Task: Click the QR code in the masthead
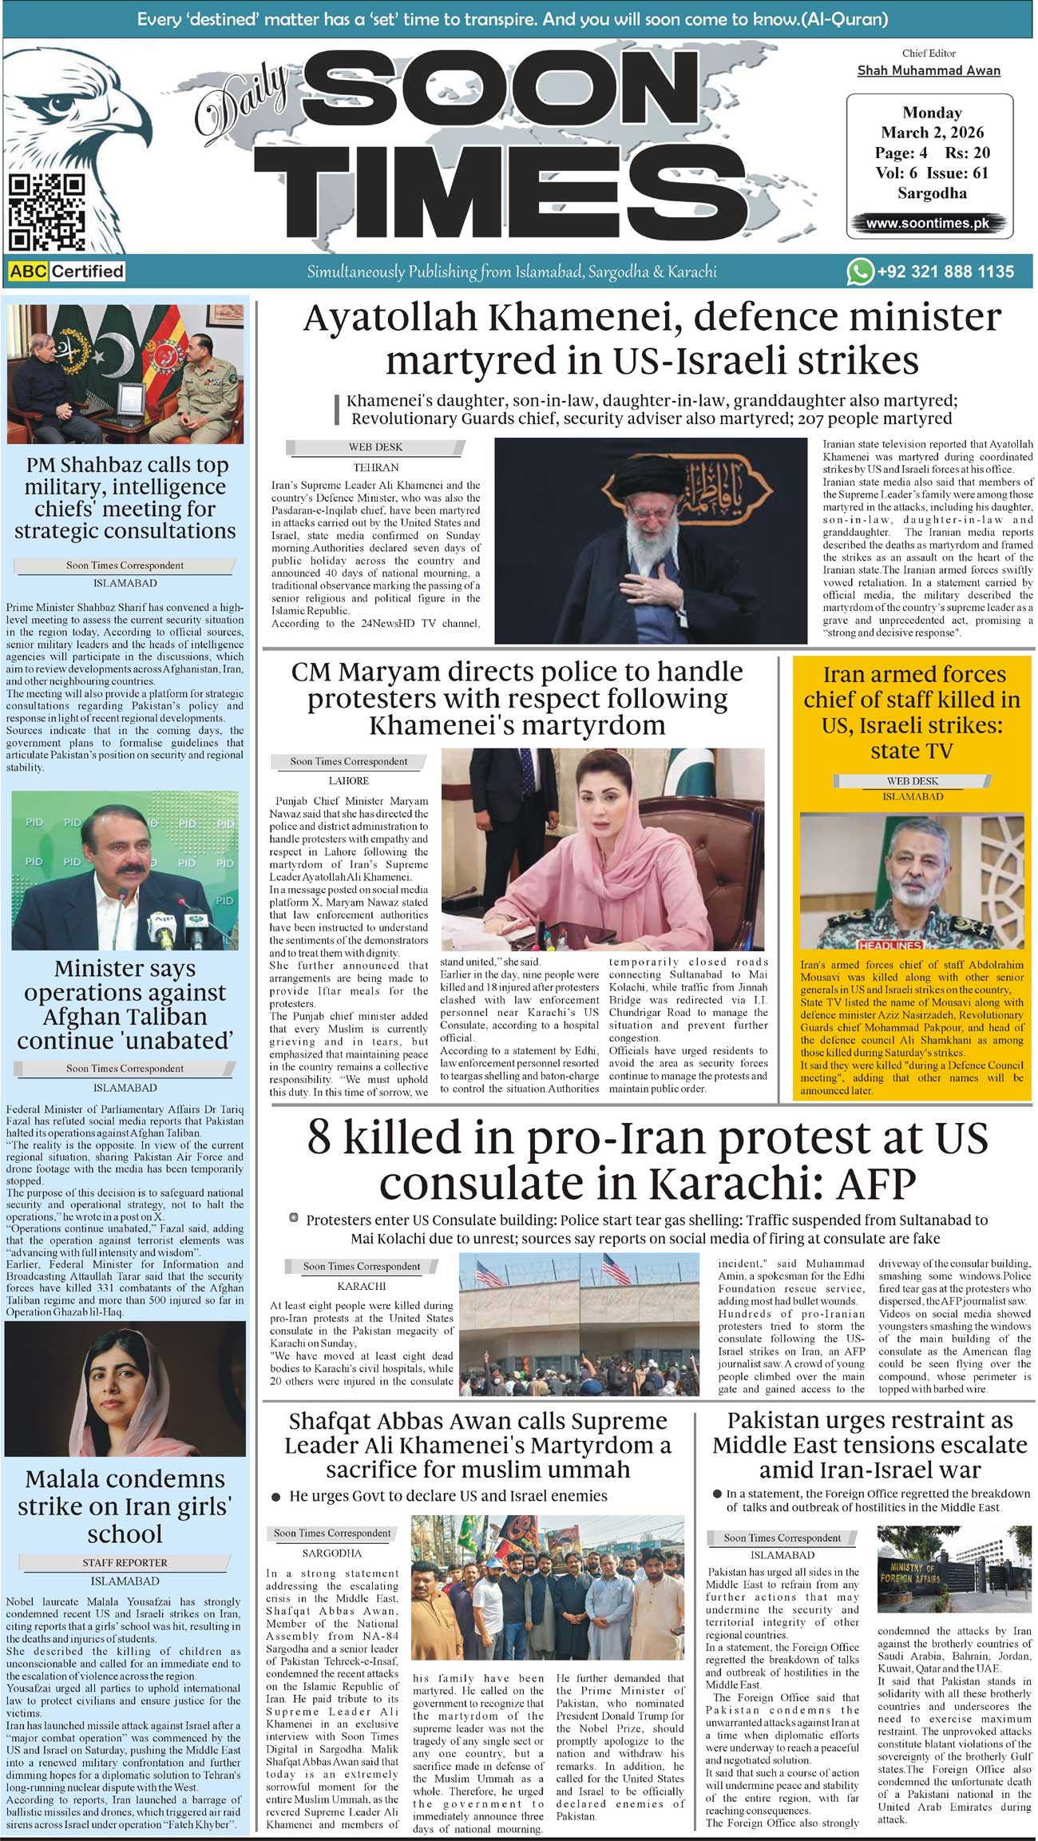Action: tap(47, 212)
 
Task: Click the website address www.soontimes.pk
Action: tap(928, 224)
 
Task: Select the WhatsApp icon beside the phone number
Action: tap(859, 272)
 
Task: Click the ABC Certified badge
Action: tap(67, 272)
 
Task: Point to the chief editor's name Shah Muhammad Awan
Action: tap(929, 70)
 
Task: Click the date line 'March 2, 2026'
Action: tap(932, 133)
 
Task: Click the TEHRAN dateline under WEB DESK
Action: tap(375, 467)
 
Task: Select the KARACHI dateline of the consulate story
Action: tap(361, 1286)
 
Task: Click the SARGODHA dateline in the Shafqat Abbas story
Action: tap(332, 1553)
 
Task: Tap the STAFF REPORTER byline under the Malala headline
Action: tap(125, 1562)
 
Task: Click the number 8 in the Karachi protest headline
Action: tap(319, 1137)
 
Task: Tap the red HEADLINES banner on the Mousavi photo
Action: tap(891, 945)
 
